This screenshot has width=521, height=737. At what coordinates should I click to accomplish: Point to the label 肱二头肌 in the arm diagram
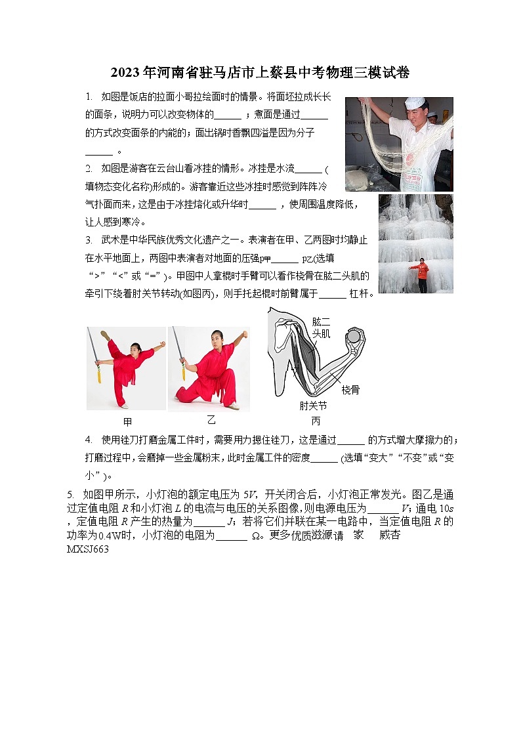tap(321, 327)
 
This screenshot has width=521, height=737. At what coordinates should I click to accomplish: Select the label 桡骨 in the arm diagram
tap(369, 390)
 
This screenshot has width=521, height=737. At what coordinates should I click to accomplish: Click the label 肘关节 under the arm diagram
tap(313, 406)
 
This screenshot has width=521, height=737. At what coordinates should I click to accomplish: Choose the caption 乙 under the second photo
tap(211, 420)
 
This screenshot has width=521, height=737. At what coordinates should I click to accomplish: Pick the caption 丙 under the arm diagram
tap(316, 421)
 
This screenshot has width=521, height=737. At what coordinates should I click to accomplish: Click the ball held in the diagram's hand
tap(354, 337)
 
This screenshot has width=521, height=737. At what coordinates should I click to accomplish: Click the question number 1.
tap(89, 96)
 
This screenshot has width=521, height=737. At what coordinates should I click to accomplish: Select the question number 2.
tap(89, 168)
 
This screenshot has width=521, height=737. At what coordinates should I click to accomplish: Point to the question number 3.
tap(89, 240)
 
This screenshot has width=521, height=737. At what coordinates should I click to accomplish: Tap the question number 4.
tap(89, 439)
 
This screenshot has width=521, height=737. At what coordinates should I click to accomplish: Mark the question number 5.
tap(70, 494)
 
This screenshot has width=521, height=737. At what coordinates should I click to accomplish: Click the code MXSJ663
tap(88, 549)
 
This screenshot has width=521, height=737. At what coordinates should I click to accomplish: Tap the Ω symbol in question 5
tap(256, 536)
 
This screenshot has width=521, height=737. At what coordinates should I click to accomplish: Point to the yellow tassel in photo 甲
tap(100, 375)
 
